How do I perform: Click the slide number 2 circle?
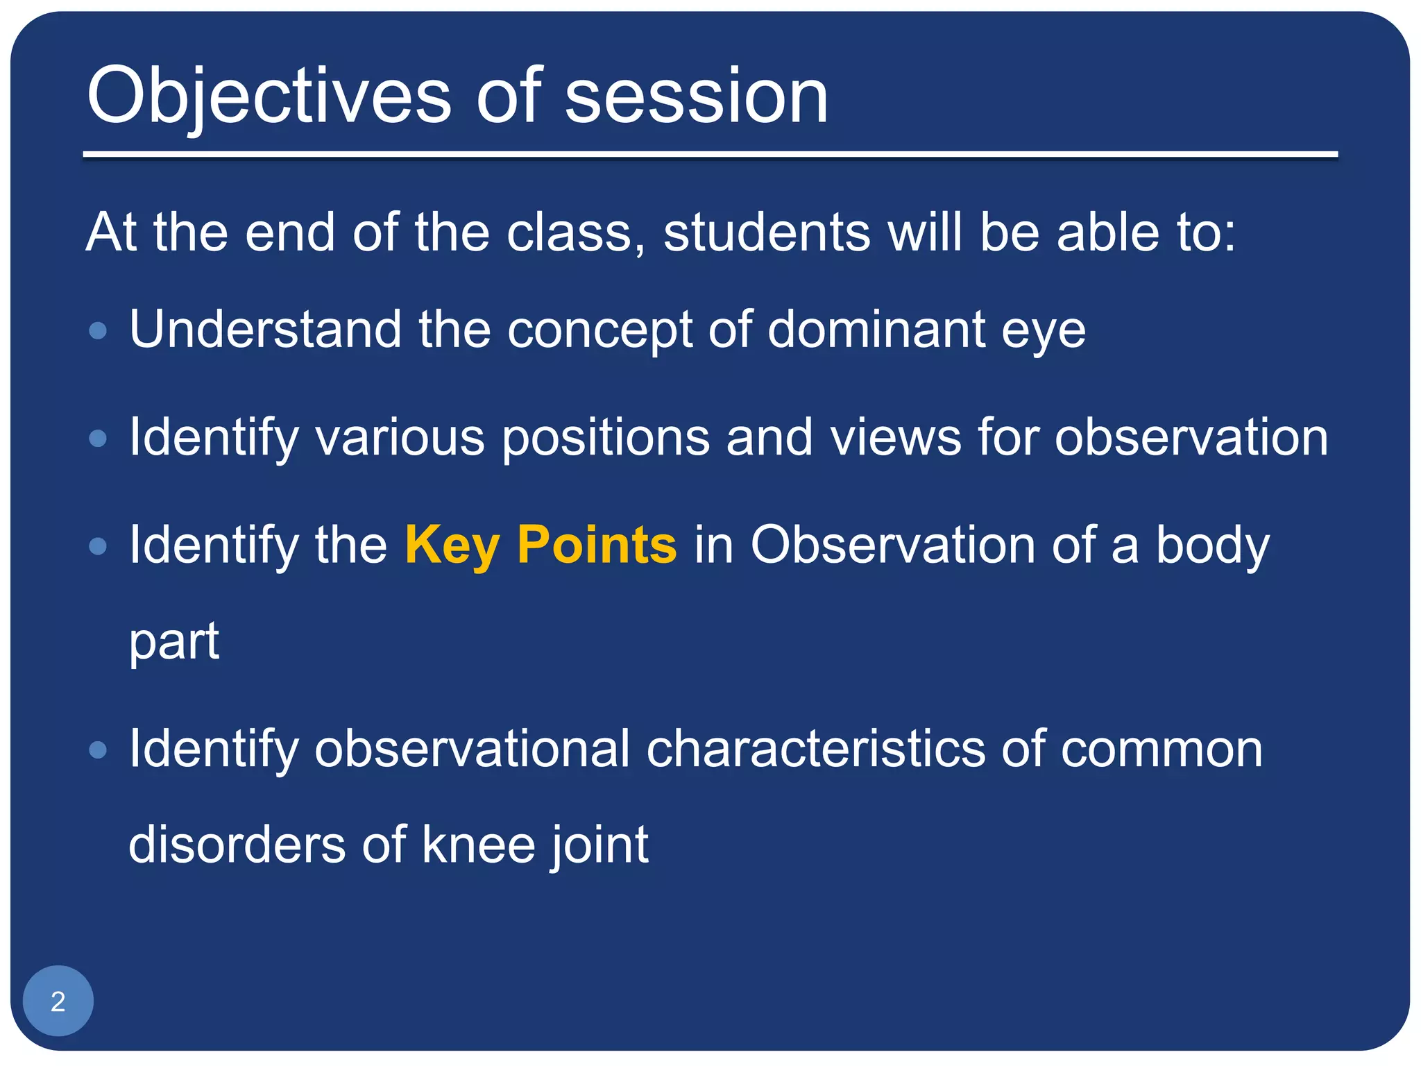(x=58, y=1001)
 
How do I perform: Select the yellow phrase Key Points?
(x=541, y=545)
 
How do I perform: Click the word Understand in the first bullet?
(x=265, y=329)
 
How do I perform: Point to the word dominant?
(x=876, y=329)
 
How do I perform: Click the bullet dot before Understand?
(x=99, y=330)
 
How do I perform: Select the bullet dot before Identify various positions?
(x=99, y=439)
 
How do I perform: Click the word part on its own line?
(x=174, y=643)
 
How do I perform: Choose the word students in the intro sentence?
(x=767, y=232)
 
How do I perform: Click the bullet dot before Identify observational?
(x=99, y=750)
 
